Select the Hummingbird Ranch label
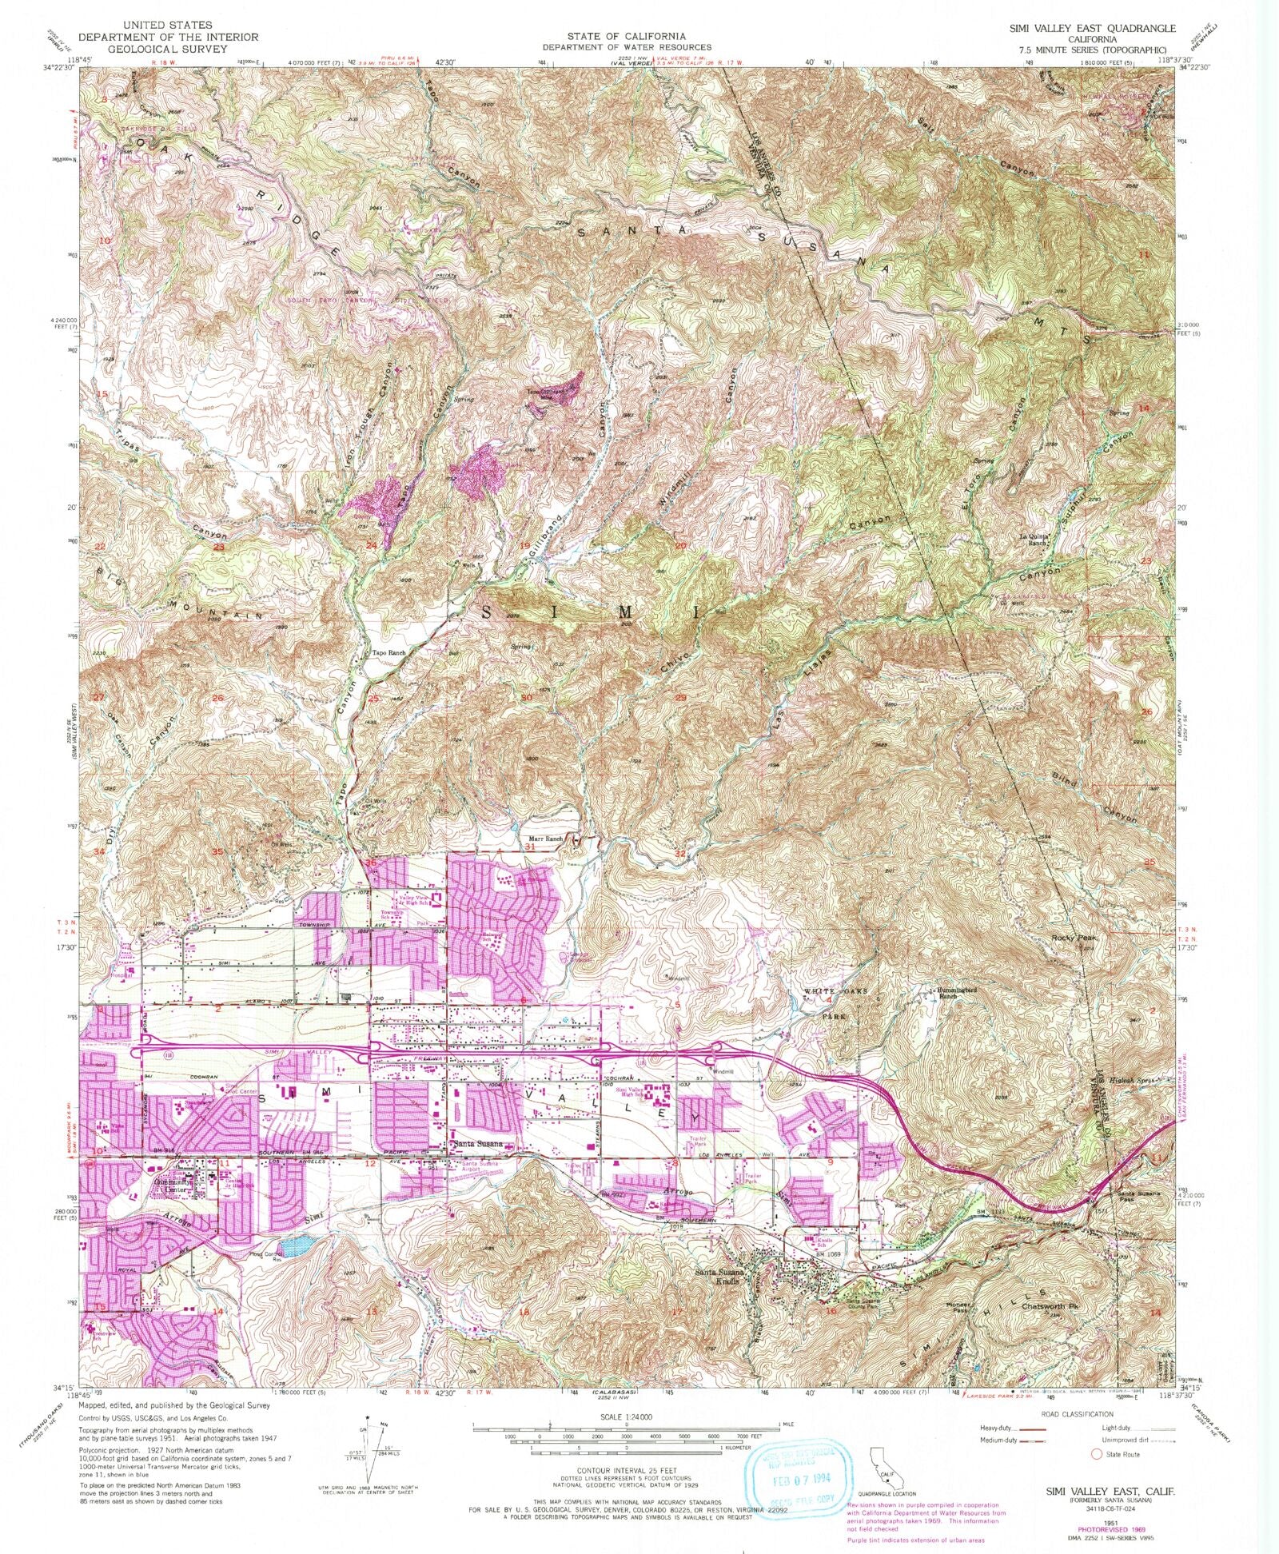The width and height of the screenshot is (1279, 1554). pos(948,994)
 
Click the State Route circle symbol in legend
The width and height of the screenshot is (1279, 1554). pos(1096,1453)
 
